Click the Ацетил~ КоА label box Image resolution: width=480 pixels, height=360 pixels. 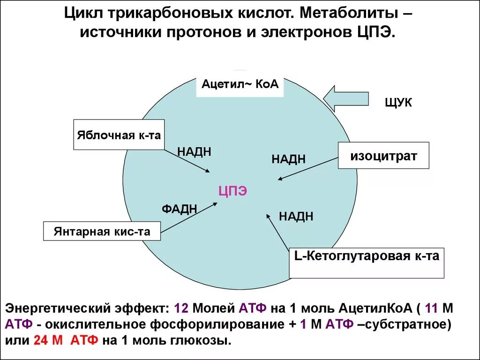(x=240, y=84)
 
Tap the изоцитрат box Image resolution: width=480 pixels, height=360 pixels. (x=383, y=156)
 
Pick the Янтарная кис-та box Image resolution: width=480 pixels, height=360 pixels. (x=102, y=232)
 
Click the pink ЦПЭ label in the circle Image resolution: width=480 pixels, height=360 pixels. (x=232, y=191)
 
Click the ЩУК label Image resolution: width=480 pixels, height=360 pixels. (x=398, y=103)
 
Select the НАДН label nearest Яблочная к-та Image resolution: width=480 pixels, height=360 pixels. (x=194, y=151)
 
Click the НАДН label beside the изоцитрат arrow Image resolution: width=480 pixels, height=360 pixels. (x=289, y=159)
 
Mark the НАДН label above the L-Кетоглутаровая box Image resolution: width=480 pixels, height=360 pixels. (x=296, y=217)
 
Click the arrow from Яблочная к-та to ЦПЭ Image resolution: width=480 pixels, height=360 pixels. (x=187, y=161)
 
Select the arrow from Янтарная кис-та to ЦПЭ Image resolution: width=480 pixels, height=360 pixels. (x=188, y=217)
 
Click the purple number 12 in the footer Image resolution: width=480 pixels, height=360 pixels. (x=181, y=308)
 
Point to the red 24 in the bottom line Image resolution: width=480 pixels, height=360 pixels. (x=41, y=340)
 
